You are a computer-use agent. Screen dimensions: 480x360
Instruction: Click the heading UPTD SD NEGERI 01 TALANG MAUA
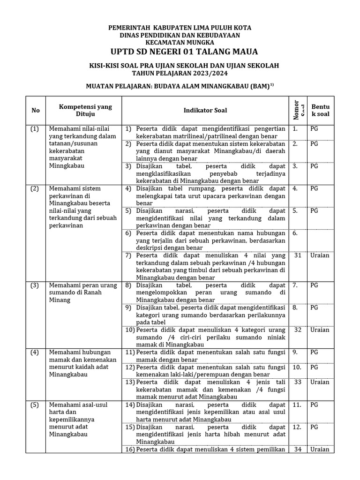(x=180, y=51)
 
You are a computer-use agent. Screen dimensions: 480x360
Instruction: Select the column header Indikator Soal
(x=205, y=110)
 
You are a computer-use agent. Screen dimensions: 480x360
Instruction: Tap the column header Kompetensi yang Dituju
(x=85, y=110)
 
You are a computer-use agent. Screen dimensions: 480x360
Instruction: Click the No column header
(x=36, y=110)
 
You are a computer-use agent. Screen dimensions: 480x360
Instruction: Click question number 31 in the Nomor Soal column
(x=297, y=255)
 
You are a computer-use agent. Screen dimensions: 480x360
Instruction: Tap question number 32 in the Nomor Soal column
(x=297, y=330)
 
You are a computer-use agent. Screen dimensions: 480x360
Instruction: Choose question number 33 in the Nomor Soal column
(x=297, y=382)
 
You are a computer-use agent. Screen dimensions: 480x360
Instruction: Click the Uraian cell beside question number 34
(x=320, y=449)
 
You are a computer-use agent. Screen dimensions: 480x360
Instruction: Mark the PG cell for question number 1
(x=314, y=129)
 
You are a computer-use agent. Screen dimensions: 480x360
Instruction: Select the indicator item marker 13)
(x=129, y=382)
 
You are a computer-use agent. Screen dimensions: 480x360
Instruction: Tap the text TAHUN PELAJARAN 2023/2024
(x=180, y=74)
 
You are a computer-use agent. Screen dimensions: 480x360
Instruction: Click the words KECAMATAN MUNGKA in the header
(x=180, y=42)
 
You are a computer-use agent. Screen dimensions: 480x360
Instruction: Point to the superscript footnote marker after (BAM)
(x=271, y=84)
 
